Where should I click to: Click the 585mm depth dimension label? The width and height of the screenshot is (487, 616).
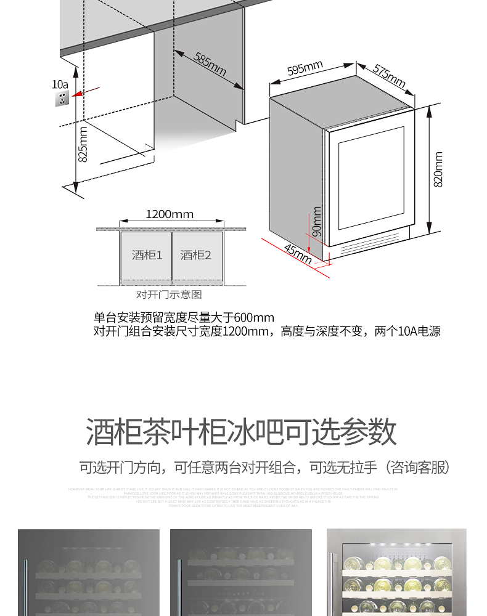210,64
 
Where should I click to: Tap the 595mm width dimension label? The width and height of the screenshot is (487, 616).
305,69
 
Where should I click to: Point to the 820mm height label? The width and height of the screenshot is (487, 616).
438,171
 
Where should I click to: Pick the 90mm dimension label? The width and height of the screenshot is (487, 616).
317,222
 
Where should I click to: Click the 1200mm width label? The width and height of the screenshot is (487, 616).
170,214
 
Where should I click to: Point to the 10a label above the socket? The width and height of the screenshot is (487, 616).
60,84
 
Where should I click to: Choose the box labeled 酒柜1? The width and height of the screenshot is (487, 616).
146,255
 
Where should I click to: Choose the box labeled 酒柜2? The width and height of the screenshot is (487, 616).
196,255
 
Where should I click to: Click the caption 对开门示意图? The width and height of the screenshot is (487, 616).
169,295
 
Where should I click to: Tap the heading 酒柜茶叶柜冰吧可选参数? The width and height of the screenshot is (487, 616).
242,432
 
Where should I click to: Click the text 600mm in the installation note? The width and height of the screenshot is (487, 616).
254,318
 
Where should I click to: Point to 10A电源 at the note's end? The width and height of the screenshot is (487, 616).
419,331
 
